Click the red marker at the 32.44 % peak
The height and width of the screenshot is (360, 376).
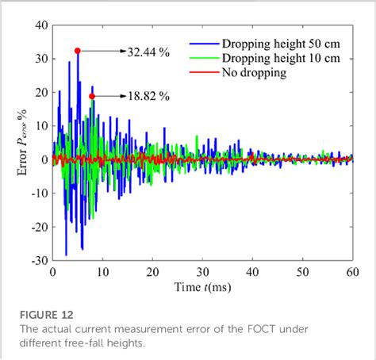tap(78, 51)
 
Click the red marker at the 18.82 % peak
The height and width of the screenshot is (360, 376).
tap(92, 96)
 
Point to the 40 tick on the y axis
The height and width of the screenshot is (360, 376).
tap(40, 25)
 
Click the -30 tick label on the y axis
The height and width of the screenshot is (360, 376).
tap(37, 259)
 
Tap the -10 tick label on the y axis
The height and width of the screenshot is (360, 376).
tap(37, 193)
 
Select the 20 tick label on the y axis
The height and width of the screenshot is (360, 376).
tap(40, 92)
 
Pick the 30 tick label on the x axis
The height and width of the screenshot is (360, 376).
tap(202, 271)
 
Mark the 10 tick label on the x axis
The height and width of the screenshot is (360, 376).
tap(102, 271)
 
